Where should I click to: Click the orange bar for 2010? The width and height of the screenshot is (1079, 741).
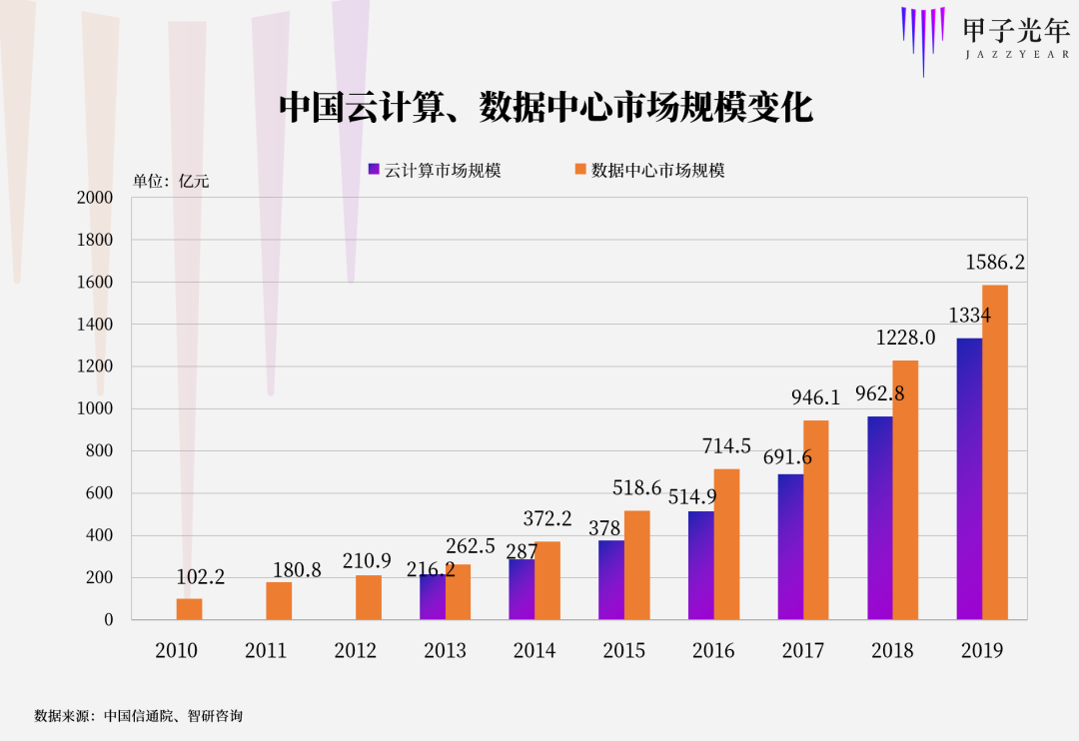(189, 609)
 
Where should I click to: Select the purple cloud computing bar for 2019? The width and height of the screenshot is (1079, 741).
(969, 479)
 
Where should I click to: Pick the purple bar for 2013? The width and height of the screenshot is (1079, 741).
(432, 597)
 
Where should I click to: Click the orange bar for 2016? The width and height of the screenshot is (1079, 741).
(726, 544)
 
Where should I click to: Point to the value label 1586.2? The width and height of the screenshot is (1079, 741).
(995, 263)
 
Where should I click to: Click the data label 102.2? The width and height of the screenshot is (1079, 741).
(201, 577)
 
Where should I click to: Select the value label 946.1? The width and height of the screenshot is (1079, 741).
(816, 398)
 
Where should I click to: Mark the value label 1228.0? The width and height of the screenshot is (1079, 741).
(905, 339)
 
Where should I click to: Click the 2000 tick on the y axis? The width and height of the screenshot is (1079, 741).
(95, 198)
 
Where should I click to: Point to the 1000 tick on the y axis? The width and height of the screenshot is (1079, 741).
(95, 409)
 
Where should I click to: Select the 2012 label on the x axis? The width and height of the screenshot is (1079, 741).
(356, 651)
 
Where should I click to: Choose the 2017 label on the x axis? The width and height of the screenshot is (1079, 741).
(803, 651)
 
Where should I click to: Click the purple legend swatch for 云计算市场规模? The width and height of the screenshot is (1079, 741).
(374, 170)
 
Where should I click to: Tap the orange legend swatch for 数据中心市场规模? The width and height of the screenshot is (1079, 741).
(579, 170)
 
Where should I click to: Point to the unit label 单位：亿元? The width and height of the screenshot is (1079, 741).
(171, 181)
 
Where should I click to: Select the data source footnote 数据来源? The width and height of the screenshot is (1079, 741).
(139, 716)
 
